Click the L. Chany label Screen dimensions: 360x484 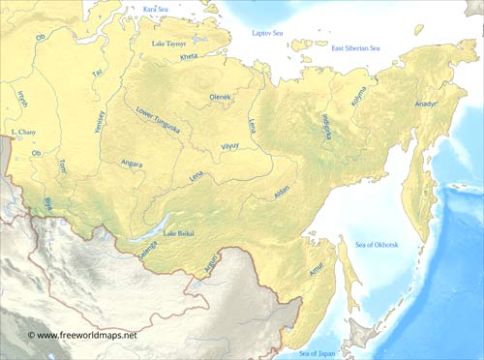coord(21,131)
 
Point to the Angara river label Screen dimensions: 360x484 coord(130,165)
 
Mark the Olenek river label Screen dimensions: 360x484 coord(221,98)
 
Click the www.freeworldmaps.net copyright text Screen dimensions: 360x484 coord(82,335)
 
